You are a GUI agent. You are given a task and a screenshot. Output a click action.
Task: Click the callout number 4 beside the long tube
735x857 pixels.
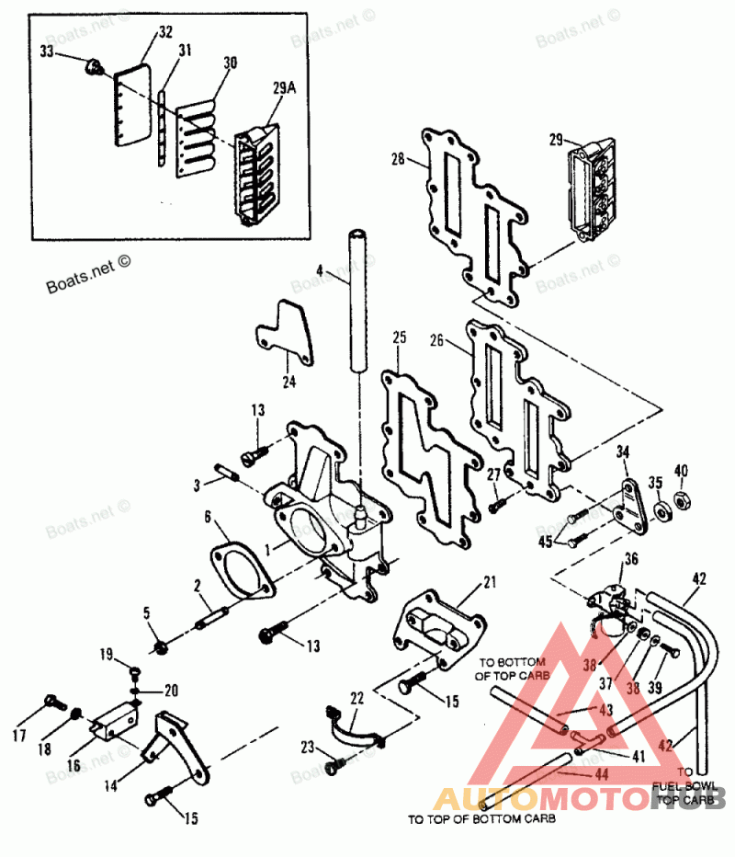pos(320,271)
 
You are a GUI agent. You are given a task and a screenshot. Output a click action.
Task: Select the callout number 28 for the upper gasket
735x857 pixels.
pos(398,159)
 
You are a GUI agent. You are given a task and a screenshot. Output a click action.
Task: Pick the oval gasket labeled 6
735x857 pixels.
pos(240,571)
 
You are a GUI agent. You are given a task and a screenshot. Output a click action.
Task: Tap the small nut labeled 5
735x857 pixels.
pos(159,646)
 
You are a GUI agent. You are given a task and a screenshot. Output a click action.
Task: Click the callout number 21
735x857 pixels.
pos(489,582)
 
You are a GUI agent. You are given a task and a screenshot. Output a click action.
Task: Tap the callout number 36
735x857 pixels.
pos(630,558)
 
